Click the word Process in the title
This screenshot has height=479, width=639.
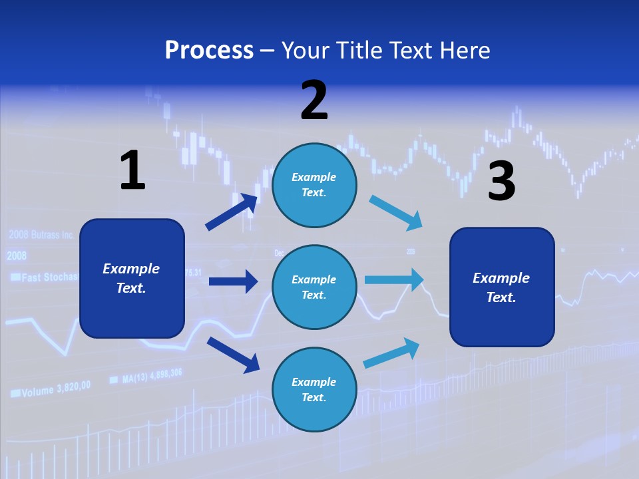pos(209,50)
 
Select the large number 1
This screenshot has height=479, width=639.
pos(132,170)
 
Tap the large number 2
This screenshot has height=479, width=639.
pos(314,100)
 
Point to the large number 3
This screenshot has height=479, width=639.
pos(501,181)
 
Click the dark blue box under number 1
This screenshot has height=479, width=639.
pos(132,278)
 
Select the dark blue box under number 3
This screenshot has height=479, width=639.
pos(502,287)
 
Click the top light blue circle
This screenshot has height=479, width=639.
pos(314,185)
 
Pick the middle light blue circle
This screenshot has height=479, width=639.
pos(314,287)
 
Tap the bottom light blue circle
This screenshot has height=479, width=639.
pos(314,389)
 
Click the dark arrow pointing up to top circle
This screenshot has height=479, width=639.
pos(232,212)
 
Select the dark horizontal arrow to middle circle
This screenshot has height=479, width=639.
pos(233,281)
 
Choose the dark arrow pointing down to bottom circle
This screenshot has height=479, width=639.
pos(233,355)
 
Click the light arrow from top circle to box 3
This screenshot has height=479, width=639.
pos(395,213)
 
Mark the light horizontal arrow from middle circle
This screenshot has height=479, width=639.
pos(394,279)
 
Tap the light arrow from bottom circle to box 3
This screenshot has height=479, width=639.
pos(392,353)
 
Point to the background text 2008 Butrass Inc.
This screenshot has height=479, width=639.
pos(41,235)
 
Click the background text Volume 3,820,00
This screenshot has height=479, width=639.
pos(51,389)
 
